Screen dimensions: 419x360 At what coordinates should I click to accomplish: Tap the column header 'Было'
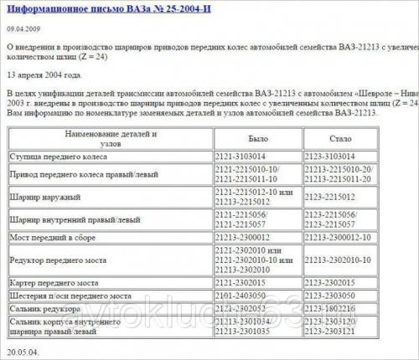coord(258,137)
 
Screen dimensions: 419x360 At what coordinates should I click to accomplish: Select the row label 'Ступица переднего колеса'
coord(59,157)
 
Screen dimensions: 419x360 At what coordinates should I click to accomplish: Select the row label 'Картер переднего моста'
coord(56,282)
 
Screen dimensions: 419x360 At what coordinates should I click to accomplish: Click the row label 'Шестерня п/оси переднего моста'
coord(70,296)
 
